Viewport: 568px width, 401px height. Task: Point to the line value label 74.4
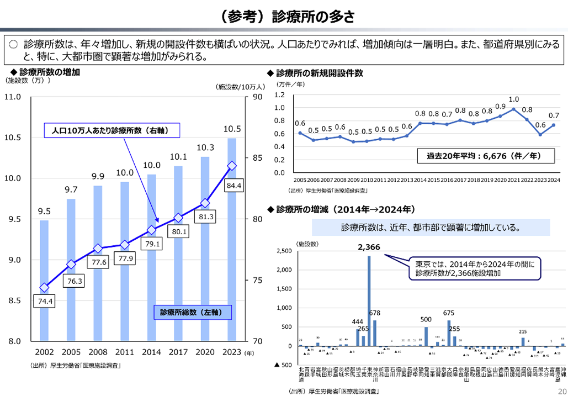[45, 301]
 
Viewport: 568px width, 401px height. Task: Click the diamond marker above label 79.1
[151, 230]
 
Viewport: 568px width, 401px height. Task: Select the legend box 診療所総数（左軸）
[191, 312]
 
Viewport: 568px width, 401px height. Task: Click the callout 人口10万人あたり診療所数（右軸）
[113, 130]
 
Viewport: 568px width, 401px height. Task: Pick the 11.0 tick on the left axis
[13, 97]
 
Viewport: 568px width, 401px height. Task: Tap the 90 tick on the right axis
[257, 97]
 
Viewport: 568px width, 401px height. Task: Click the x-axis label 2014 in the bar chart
[151, 352]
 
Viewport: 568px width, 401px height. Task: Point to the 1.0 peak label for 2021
[514, 99]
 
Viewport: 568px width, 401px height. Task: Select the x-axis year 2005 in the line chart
[300, 180]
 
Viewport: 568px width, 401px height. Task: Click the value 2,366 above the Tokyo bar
[369, 247]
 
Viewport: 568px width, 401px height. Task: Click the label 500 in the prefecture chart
[426, 320]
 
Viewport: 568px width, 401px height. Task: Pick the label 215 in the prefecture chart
[523, 331]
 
